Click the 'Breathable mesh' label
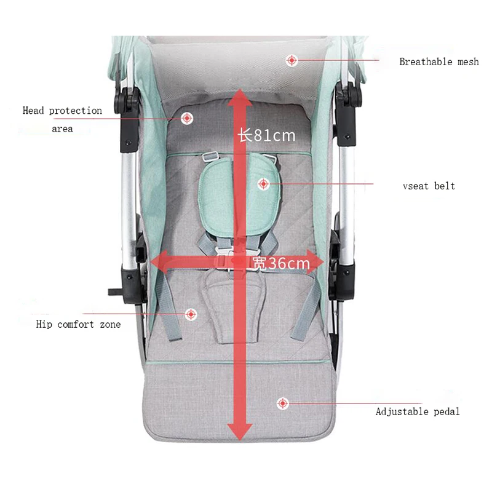438,61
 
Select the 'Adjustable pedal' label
418,411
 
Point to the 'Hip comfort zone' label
78,324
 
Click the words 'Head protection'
62,111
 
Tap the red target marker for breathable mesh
292,60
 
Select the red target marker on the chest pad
263,183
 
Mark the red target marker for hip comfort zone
191,314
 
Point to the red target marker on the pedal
282,403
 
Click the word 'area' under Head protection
62,129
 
